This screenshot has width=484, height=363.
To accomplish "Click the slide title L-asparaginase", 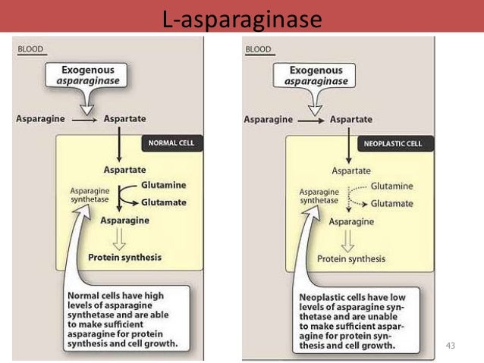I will [241, 16].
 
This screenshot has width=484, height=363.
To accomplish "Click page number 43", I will [453, 346].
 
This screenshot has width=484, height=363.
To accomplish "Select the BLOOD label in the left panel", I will [30, 50].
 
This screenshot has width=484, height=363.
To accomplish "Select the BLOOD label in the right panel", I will [259, 50].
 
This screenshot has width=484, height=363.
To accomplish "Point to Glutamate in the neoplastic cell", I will [392, 204].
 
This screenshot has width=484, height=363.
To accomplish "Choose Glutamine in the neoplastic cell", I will [391, 186].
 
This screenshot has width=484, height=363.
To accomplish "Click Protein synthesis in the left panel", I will [124, 257].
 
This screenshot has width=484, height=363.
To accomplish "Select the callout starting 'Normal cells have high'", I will [123, 318].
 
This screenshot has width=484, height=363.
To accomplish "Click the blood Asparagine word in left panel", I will [43, 119].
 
